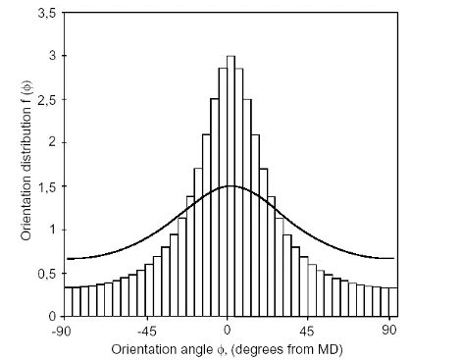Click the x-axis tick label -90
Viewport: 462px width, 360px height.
coord(65,332)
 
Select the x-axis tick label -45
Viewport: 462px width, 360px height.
coord(146,332)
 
